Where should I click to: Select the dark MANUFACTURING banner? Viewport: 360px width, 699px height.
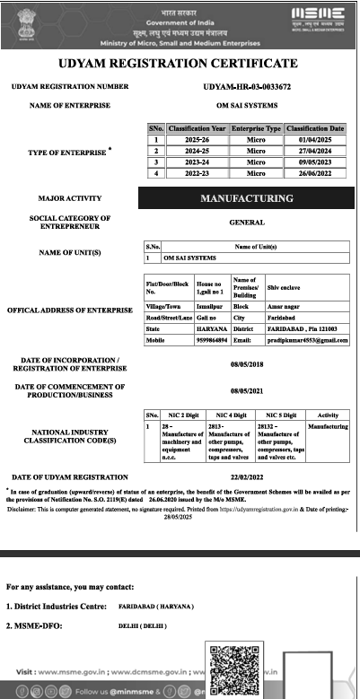click(247, 196)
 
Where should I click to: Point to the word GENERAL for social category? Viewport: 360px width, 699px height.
click(247, 221)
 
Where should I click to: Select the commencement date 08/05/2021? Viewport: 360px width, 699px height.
click(247, 391)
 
